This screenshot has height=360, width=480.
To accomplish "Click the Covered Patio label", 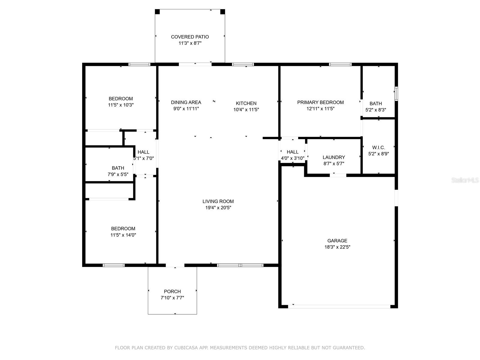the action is [x=190, y=37].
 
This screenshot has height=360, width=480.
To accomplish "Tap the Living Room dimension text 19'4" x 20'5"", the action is [x=218, y=208].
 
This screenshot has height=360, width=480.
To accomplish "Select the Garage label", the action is [x=337, y=241].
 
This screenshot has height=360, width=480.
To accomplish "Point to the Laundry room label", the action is [x=334, y=157].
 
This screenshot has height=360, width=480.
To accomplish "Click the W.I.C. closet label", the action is [x=379, y=148].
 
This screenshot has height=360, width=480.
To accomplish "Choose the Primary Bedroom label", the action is [x=320, y=102].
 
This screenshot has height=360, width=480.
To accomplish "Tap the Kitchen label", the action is [x=246, y=103].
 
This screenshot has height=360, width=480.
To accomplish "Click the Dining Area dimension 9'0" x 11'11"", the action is [x=186, y=109].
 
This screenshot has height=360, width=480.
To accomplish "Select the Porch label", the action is [x=172, y=291].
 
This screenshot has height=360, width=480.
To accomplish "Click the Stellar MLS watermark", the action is [x=465, y=180].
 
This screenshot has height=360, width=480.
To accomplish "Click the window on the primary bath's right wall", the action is [x=396, y=94].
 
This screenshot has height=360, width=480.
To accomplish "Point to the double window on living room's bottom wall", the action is [x=240, y=265].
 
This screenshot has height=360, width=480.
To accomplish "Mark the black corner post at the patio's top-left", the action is [x=157, y=12].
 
